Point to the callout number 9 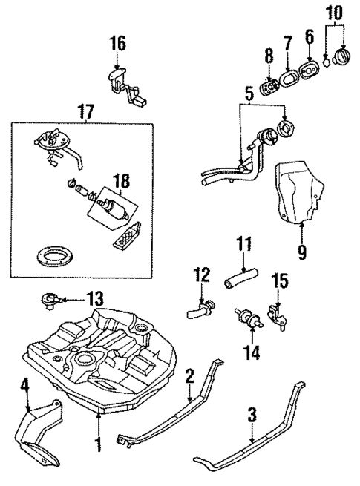[301, 252]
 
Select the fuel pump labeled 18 [113, 207]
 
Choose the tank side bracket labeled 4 [39, 430]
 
